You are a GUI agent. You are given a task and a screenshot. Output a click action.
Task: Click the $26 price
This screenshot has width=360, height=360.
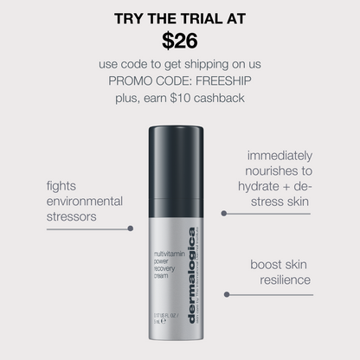click(x=179, y=40)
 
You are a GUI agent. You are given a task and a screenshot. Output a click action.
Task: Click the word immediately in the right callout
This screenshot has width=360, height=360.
click(x=279, y=156)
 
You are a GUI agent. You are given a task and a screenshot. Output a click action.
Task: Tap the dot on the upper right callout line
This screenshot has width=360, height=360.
click(x=224, y=211)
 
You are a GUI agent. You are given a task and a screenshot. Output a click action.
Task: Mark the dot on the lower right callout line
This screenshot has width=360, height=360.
click(x=226, y=294)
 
